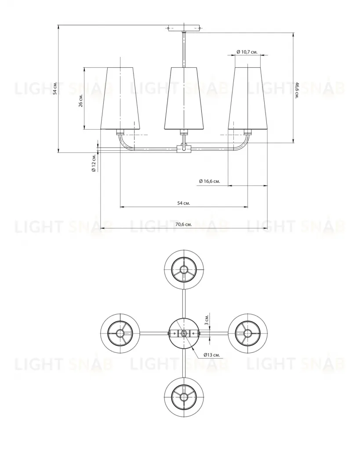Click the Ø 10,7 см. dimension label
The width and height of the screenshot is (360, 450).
(x=247, y=52)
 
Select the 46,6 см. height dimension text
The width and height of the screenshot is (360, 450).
(x=297, y=90)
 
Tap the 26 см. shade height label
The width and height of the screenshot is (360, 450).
(x=81, y=100)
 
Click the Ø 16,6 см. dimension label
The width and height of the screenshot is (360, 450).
(x=210, y=181)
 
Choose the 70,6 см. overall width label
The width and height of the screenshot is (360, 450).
(x=184, y=224)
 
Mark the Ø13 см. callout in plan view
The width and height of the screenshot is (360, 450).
(x=211, y=355)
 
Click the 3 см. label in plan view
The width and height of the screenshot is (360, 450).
(x=207, y=319)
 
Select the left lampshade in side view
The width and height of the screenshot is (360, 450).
(x=120, y=98)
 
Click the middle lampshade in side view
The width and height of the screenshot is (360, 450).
(x=184, y=98)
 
